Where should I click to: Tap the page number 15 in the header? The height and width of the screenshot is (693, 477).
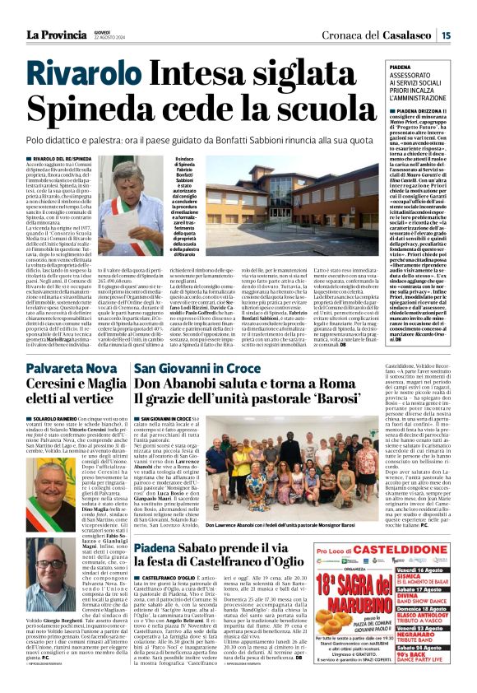click(445, 35)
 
